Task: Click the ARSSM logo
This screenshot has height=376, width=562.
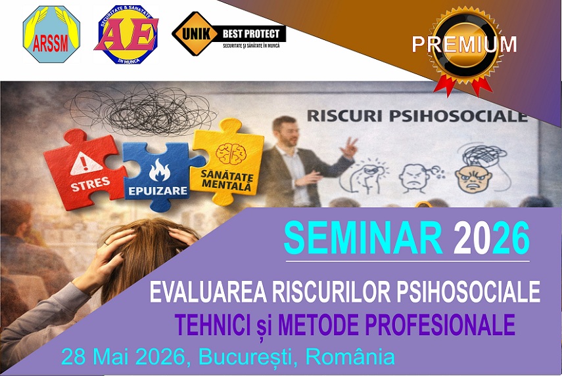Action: [51, 34]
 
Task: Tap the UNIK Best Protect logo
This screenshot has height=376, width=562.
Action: [228, 33]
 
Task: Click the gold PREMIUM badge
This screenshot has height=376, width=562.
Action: [464, 45]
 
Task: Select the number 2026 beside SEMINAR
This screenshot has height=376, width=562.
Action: [491, 239]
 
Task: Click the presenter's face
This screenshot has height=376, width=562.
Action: [285, 128]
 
